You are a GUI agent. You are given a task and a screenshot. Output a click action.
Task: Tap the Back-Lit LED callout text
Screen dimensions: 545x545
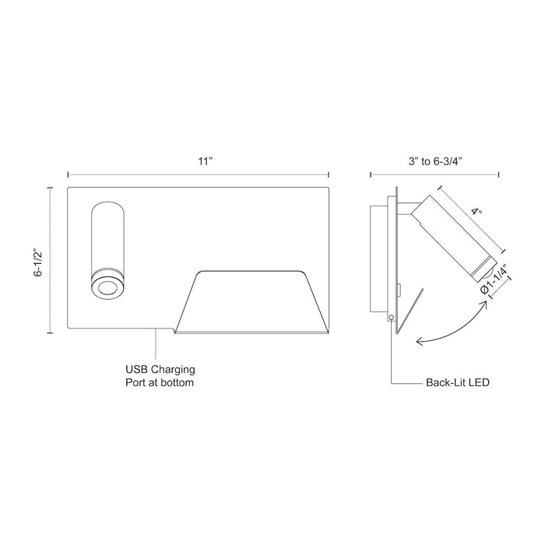[457, 384]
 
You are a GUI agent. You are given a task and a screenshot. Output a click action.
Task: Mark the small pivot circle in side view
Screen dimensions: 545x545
[390, 317]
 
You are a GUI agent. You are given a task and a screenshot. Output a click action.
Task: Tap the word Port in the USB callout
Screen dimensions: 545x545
[137, 383]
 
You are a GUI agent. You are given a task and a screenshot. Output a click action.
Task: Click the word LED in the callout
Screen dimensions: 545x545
[478, 384]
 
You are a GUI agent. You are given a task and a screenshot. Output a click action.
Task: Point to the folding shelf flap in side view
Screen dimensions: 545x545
[411, 311]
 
